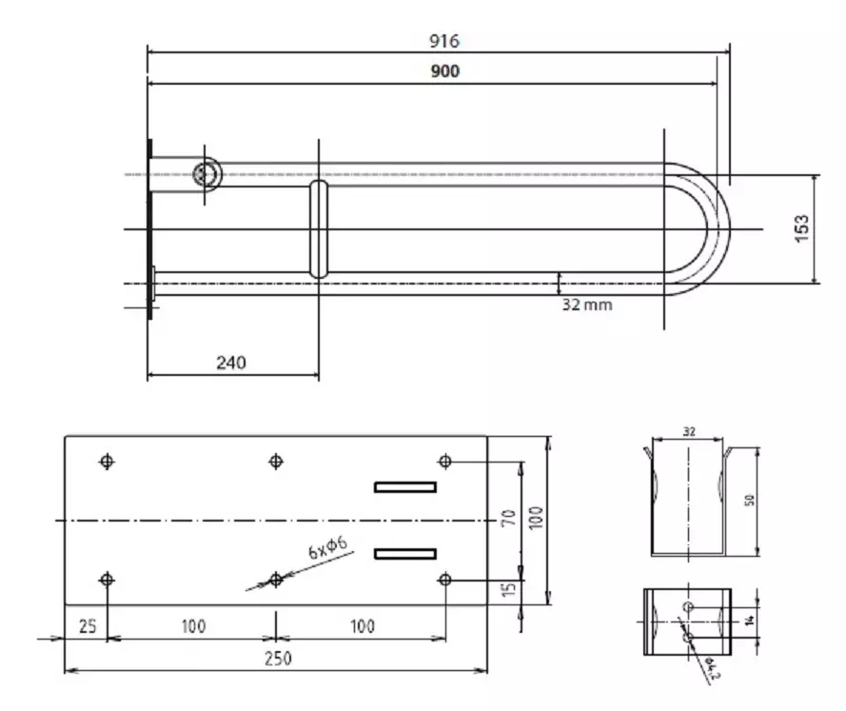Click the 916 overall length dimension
(444, 41)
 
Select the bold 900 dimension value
(445, 71)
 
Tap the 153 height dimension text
(802, 228)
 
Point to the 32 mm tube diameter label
(587, 305)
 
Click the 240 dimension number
(231, 363)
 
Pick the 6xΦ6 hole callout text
(328, 547)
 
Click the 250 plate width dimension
(278, 659)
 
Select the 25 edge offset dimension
(88, 626)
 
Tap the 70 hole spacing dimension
(509, 518)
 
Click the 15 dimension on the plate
(509, 589)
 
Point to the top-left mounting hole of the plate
(107, 462)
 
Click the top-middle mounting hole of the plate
(276, 462)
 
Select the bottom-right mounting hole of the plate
(445, 580)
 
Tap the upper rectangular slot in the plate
(405, 487)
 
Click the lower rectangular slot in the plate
(405, 554)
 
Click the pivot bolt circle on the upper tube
(207, 174)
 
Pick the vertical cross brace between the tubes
(319, 229)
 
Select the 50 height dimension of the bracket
(750, 500)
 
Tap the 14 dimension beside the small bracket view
(750, 621)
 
